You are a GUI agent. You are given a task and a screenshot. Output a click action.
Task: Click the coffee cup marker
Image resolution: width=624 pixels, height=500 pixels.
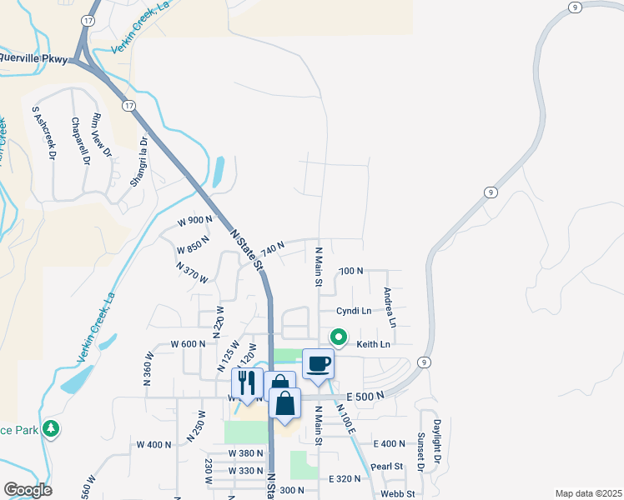[x=318, y=364]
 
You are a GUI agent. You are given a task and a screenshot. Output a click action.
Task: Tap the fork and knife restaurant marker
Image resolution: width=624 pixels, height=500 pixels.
[x=247, y=383]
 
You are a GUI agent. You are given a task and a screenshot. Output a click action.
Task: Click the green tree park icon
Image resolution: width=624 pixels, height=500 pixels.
[x=52, y=428]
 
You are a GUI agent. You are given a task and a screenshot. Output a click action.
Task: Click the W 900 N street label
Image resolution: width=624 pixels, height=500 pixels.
[x=195, y=220]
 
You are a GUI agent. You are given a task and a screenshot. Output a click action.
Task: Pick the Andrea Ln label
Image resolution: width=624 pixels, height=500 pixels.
[x=388, y=307]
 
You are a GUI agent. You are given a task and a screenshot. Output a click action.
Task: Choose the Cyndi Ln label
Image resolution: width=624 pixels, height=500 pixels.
[x=354, y=311]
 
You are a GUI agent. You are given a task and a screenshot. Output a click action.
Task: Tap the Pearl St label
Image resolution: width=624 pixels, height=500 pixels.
[x=387, y=466]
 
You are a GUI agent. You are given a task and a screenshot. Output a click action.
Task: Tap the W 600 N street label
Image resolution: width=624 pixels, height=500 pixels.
[x=188, y=344]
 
